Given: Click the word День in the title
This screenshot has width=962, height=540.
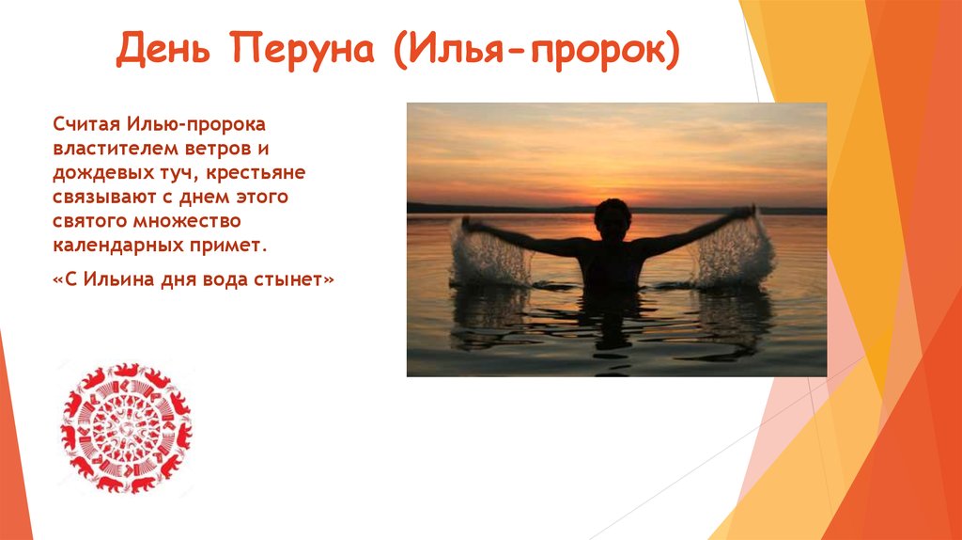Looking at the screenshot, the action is (163, 49).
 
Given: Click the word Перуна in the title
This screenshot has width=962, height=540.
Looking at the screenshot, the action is (303, 50).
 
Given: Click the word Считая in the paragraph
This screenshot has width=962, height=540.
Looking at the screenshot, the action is (86, 124).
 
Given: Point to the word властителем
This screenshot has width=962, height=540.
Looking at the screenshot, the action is (114, 149).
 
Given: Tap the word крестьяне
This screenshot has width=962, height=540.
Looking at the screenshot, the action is (256, 173).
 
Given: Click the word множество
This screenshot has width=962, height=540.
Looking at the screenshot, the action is (187, 221).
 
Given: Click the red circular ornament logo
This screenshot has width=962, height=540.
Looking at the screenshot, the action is (127, 427).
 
